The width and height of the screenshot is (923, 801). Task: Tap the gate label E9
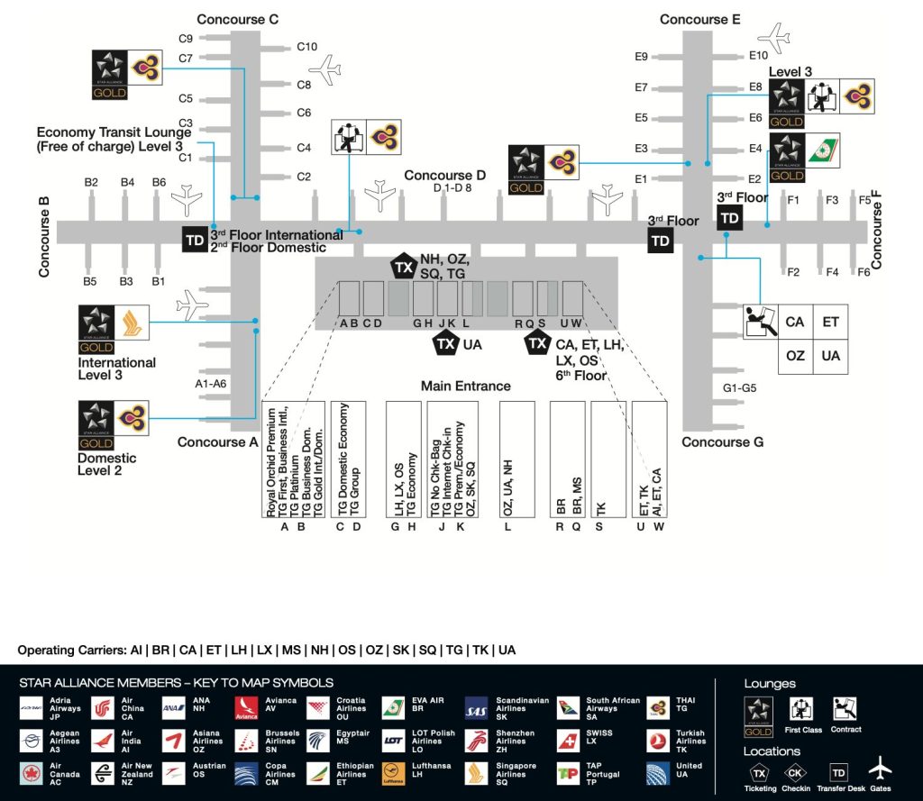pos(641,57)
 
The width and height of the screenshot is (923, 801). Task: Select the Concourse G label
pos(722,442)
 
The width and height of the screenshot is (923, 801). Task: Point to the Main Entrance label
pos(465,386)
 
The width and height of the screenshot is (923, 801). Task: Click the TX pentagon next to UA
pos(444,343)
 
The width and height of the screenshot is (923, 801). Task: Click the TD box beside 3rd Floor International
pos(194,241)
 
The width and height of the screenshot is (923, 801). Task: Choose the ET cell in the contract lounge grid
pos(830,322)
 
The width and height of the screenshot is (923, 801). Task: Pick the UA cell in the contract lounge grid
pos(830,356)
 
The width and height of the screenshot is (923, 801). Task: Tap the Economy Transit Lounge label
pos(114,139)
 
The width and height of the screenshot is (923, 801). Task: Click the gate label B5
pos(90,282)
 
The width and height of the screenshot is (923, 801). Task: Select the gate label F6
pos(864,272)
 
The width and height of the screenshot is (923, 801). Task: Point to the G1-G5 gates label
pos(741,389)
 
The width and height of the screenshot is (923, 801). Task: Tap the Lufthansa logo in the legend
pos(392,774)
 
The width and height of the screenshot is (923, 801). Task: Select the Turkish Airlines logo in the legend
pos(661,741)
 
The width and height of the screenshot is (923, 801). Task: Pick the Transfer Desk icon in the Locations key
pos(839,772)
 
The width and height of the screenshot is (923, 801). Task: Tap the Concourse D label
pos(444,176)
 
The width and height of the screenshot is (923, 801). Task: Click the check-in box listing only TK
pos(608,460)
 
